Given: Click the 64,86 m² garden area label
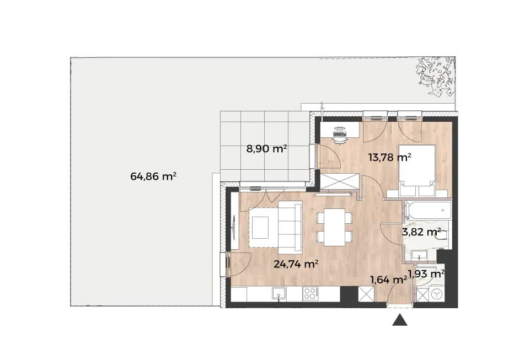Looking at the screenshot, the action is coord(153,176).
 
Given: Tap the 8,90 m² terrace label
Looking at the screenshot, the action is coord(267,149).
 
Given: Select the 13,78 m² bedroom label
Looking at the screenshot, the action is coord(390,157).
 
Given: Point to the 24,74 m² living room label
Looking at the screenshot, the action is coord(296,264).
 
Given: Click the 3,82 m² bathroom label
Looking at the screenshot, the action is coord(421,232).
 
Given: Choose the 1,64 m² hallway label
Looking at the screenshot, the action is coord(389,280).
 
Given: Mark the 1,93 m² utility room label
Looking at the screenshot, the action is coord(426,273).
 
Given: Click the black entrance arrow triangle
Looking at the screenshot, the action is coord(400,320).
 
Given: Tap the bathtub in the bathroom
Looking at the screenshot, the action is coord(429,210).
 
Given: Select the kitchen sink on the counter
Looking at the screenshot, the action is coord(279,293).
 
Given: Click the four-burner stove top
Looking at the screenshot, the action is coord(310,293).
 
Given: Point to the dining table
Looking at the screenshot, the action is coord(335,227).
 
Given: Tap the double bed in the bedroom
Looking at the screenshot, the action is coord(417,171).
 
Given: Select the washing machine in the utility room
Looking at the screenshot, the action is coord(437,294).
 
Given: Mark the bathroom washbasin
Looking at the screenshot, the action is coord(419,255).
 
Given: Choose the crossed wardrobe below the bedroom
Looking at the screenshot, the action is coord(339,181).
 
